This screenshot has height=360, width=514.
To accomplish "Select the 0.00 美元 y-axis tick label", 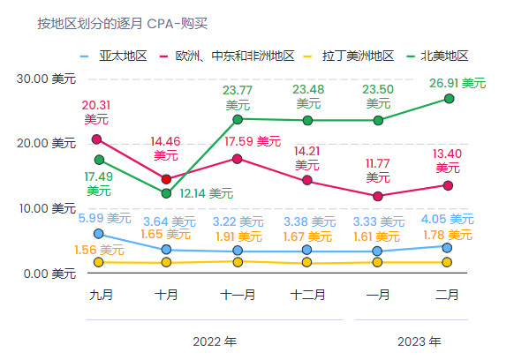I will click(x=49, y=274).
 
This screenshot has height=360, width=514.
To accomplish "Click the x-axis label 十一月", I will click(x=238, y=295).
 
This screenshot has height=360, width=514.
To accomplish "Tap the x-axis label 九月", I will click(x=101, y=295).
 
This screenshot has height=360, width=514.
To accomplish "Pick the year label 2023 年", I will click(x=420, y=341).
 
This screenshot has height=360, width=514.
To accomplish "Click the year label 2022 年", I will click(x=215, y=341).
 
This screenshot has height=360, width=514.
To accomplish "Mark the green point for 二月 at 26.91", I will click(x=449, y=99).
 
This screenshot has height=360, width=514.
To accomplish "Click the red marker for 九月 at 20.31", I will click(x=97, y=139).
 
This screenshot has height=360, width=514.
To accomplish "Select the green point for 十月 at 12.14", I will click(x=166, y=193).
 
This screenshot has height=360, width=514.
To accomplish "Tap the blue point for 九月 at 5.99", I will click(x=98, y=234).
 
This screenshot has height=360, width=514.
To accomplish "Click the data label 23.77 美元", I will click(x=238, y=97).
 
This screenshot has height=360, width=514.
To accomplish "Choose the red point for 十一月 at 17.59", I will click(x=237, y=159).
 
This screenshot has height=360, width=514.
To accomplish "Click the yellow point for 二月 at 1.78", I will click(x=448, y=262).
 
